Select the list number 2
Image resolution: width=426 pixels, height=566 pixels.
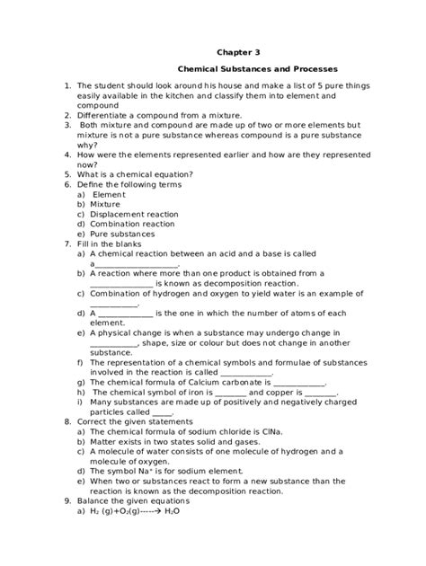pyautogui.click(x=67, y=115)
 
